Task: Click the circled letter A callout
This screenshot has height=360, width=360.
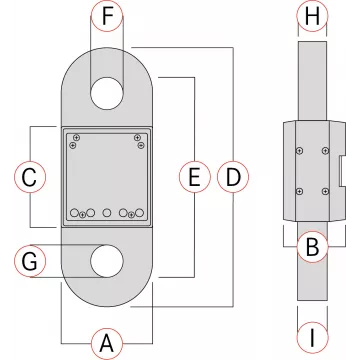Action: coord(107,343)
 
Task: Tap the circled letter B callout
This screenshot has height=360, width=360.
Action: coord(312,247)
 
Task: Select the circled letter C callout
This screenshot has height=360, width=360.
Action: coord(30,177)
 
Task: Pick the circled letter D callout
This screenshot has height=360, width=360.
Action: coord(233,177)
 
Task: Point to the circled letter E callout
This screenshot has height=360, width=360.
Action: coord(195,177)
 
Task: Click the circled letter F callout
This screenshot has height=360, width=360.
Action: coord(107,16)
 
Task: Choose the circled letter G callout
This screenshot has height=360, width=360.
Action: coord(30,261)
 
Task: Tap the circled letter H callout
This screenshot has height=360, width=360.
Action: coord(312,16)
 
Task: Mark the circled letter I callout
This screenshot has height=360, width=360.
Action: coord(312,337)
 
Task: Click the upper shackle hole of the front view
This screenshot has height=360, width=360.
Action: coord(107,93)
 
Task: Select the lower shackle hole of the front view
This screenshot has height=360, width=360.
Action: coord(107,261)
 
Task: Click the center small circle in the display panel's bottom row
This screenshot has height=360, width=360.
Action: coord(107,212)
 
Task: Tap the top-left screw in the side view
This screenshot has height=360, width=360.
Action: coord(300,151)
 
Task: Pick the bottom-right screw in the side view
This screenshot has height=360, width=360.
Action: coord(325,191)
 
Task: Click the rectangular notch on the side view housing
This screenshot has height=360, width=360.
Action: coord(342,170)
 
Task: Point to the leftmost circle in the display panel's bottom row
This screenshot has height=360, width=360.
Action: coord(75,212)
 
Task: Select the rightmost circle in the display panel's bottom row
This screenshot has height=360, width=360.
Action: coord(139,212)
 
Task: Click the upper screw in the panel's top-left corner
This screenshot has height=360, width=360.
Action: coord(77,137)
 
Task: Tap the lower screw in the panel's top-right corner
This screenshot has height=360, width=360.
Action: coord(141,145)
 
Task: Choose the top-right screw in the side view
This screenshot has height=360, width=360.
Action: coord(325,151)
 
